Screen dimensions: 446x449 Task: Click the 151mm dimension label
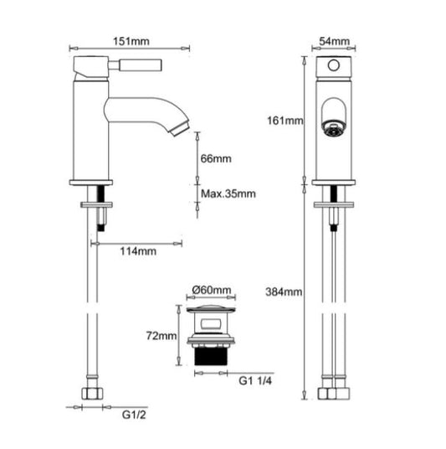tap(131, 41)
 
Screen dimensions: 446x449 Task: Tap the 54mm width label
tap(334, 41)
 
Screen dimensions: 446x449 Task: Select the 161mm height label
tap(285, 121)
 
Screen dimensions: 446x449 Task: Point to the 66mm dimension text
tap(216, 158)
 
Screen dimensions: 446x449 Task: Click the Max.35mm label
tap(228, 194)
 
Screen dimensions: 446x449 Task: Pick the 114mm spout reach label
tap(138, 251)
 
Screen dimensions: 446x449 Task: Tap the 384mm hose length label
tap(284, 292)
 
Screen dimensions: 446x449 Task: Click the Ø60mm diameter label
tap(212, 290)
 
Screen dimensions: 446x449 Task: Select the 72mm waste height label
tap(161, 336)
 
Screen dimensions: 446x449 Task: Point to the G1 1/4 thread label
tap(255, 381)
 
